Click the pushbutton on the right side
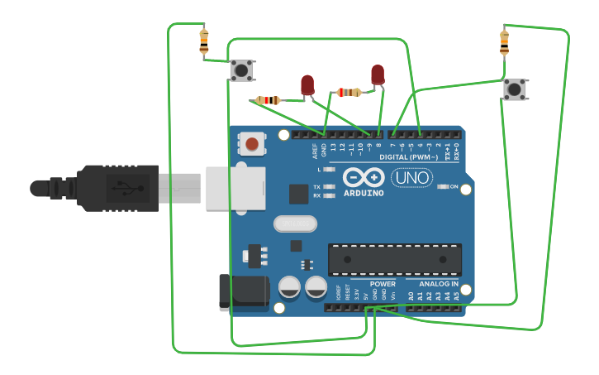coord(514,89)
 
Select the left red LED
coord(307,84)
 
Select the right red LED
coord(378,75)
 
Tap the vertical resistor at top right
coord(504,41)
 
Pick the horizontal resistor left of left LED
coord(268,100)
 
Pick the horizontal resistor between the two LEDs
coord(349,92)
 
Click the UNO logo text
coord(411,177)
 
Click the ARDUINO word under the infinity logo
coord(364,193)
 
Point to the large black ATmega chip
coord(394,259)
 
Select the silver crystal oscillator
coord(295,224)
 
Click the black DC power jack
coord(243,293)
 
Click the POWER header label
coord(383,284)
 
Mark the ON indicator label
coord(454,186)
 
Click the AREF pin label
coord(315,150)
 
